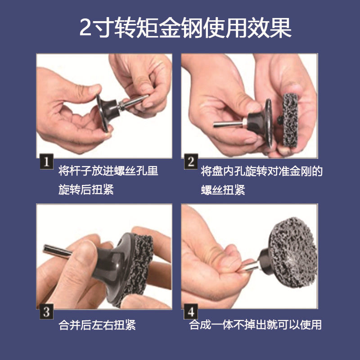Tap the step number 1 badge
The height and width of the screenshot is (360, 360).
click(x=46, y=162)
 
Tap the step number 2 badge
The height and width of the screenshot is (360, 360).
click(x=191, y=162)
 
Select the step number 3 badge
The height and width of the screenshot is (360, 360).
click(x=46, y=312)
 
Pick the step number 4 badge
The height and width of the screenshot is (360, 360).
click(x=191, y=312)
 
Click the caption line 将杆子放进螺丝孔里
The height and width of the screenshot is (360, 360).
click(x=108, y=171)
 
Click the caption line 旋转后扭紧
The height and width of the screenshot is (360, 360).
click(x=86, y=189)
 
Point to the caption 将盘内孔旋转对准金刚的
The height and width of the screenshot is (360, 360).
click(x=262, y=171)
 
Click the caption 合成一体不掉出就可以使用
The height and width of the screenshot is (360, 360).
click(x=255, y=324)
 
